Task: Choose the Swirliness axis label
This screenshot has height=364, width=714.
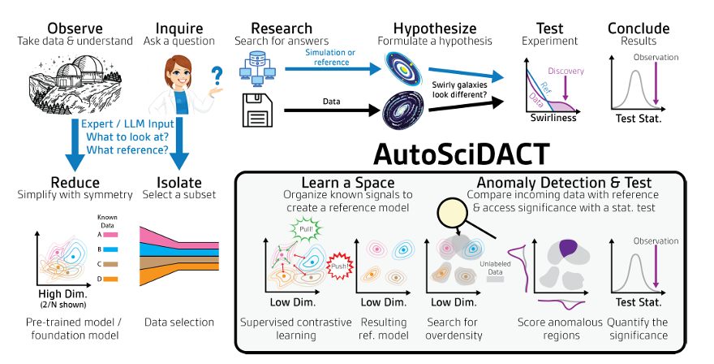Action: (555, 119)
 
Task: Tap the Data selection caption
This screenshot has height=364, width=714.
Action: (179, 323)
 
